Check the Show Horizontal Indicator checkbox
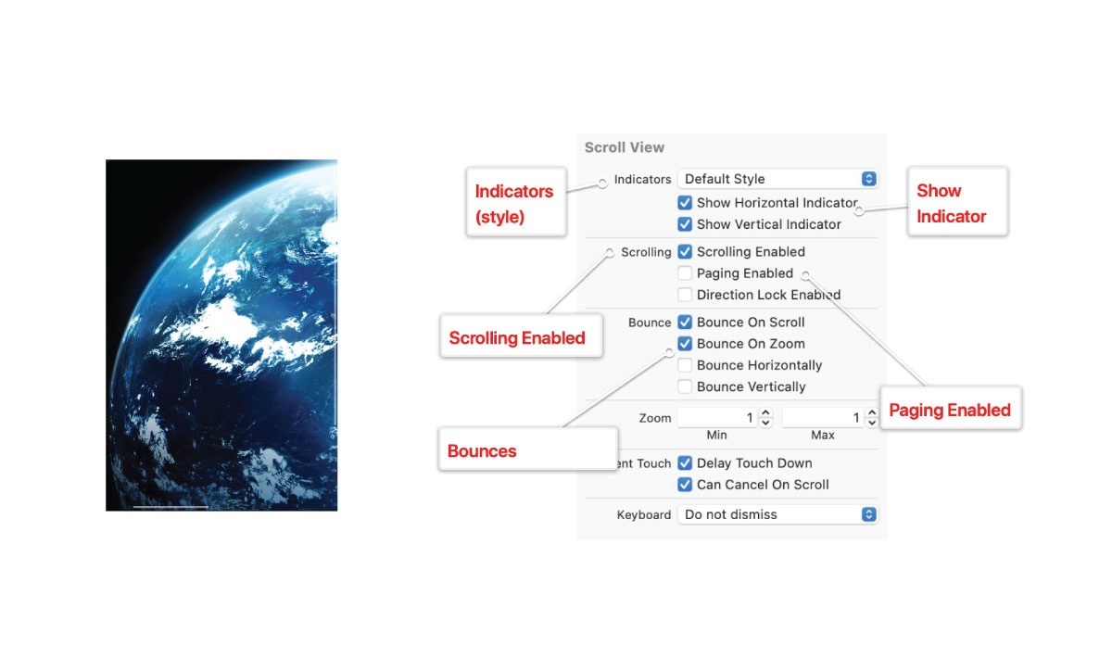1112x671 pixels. coord(685,203)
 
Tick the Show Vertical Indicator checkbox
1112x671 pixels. coord(685,224)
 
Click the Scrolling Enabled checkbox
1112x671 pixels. coord(685,252)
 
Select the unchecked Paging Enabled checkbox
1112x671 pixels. coord(685,273)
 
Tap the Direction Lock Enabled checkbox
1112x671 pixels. coord(685,295)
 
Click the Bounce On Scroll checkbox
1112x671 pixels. coord(685,322)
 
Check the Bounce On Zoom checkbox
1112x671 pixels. coord(685,344)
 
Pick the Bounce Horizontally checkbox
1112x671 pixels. coord(685,365)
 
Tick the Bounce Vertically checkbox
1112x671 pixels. coord(685,386)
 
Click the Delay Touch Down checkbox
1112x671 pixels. coord(685,462)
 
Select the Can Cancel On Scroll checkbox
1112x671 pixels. coord(685,485)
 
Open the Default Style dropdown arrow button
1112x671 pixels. coord(868,179)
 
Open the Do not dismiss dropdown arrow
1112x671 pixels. coord(868,514)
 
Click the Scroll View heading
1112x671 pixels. coord(625,147)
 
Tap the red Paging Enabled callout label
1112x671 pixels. coord(950,410)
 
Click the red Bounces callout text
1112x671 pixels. coord(482,451)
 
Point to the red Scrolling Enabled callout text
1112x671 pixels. coord(517,337)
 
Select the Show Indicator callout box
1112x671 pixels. coord(957,201)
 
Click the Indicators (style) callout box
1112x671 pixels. coord(516,202)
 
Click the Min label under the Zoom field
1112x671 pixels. coord(716,435)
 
